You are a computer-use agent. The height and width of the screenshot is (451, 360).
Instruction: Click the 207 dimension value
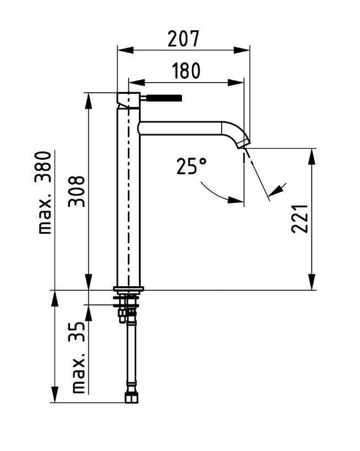point(183,39)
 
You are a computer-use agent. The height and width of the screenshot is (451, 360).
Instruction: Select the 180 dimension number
point(186,71)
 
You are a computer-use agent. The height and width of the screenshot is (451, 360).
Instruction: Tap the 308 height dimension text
point(77,191)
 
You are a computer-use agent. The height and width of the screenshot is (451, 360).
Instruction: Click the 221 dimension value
point(299,218)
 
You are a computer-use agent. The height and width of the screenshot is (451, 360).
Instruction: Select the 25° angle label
point(191,166)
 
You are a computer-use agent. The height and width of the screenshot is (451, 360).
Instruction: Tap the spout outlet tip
point(244,144)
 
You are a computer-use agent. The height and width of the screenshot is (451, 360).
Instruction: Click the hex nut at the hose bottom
point(131,398)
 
